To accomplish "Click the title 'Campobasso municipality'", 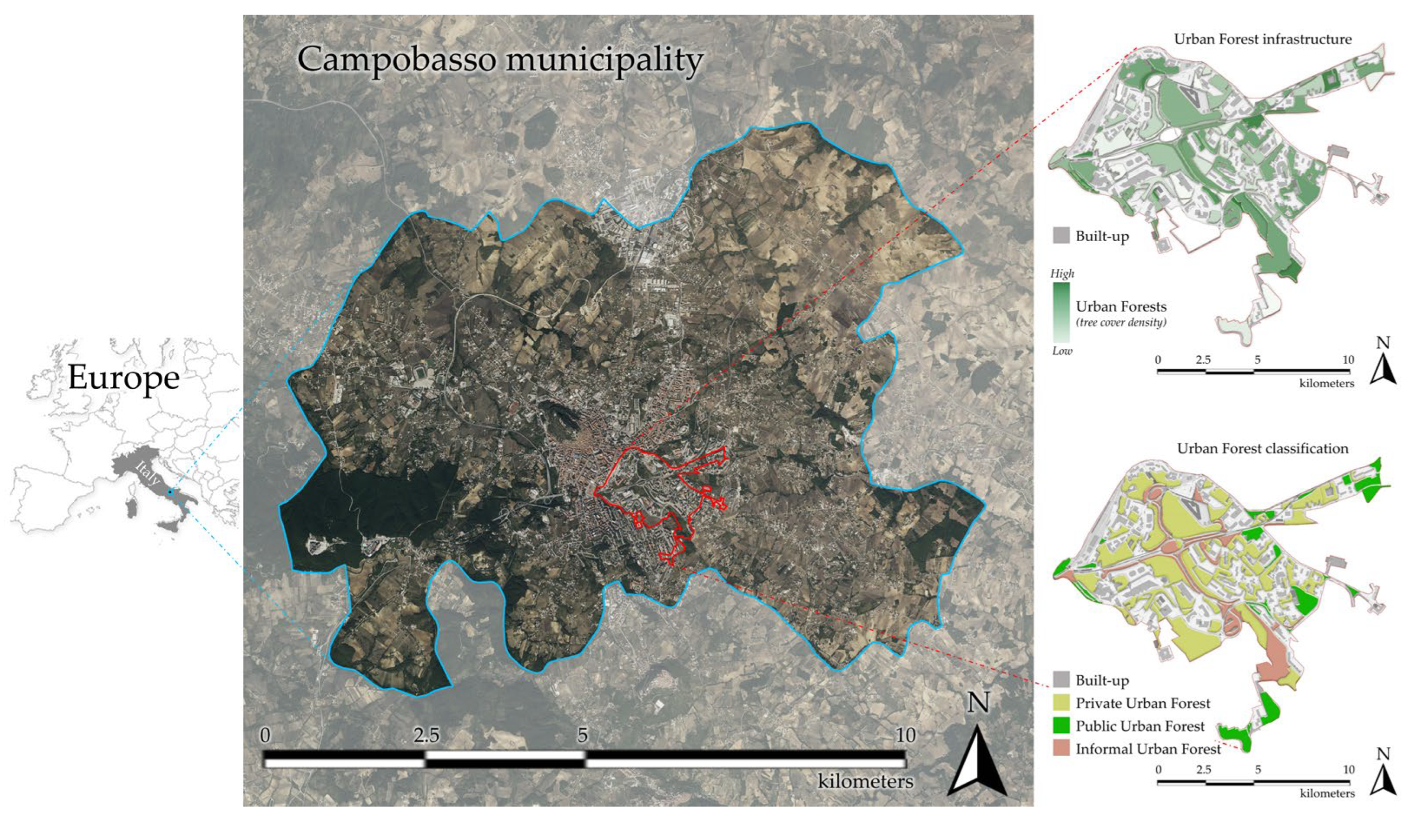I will tap(500, 59).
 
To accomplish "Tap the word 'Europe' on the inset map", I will tap(124, 378).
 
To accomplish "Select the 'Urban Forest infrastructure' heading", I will tap(1262, 39).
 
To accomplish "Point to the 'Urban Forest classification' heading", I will tap(1262, 448).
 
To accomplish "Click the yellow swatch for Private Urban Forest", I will tap(1061, 703).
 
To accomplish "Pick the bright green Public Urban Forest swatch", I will tap(1061, 726).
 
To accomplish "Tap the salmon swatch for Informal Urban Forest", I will tap(1061, 749).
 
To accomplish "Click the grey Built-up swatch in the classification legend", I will tap(1061, 680).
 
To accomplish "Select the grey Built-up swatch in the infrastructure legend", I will tap(1061, 236).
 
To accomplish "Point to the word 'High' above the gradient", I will tap(1062, 274).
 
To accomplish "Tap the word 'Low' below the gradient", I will tap(1062, 351).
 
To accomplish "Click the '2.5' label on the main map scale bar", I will tap(427, 736).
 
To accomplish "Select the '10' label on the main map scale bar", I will tap(905, 736).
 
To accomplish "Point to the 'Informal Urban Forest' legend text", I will tap(1147, 749).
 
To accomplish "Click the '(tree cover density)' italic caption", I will tap(1121, 323).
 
